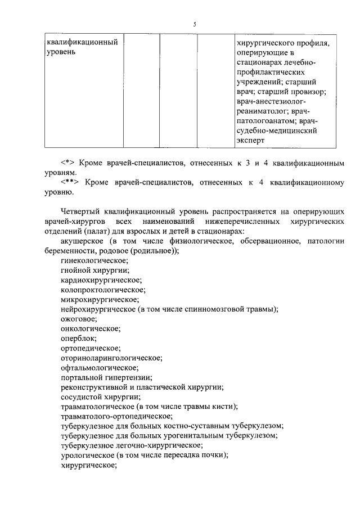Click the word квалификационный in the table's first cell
tap(82, 42)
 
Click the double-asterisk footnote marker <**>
tap(69, 183)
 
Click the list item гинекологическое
tap(94, 260)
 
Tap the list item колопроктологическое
tap(103, 290)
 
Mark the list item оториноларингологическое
tap(111, 358)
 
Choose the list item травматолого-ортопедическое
tap(116, 416)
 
